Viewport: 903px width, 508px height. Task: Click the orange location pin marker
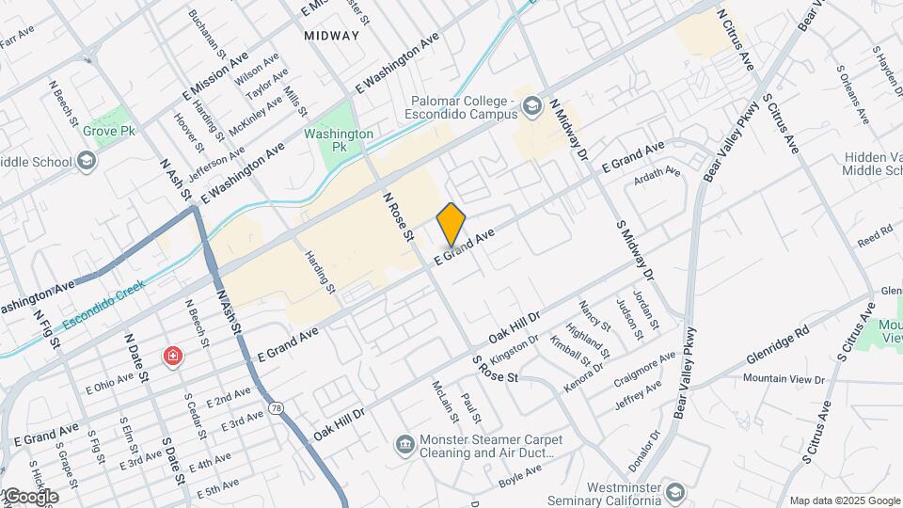(x=451, y=224)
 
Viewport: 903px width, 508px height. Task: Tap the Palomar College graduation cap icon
(x=533, y=107)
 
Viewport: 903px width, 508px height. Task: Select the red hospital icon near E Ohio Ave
(x=172, y=357)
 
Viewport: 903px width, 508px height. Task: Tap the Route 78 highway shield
(x=276, y=407)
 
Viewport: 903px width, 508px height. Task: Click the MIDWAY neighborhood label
(x=332, y=36)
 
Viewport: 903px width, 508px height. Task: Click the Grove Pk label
(x=109, y=131)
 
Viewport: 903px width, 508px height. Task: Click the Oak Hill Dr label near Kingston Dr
(x=514, y=331)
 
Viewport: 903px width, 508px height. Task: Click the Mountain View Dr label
(x=784, y=378)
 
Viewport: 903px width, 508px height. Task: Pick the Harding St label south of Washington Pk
(x=321, y=270)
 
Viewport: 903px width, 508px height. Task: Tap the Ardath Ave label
(x=658, y=172)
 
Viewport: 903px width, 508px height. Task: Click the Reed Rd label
(x=874, y=237)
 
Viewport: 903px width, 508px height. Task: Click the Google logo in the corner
(x=30, y=497)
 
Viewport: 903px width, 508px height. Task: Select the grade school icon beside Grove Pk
(x=87, y=162)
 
